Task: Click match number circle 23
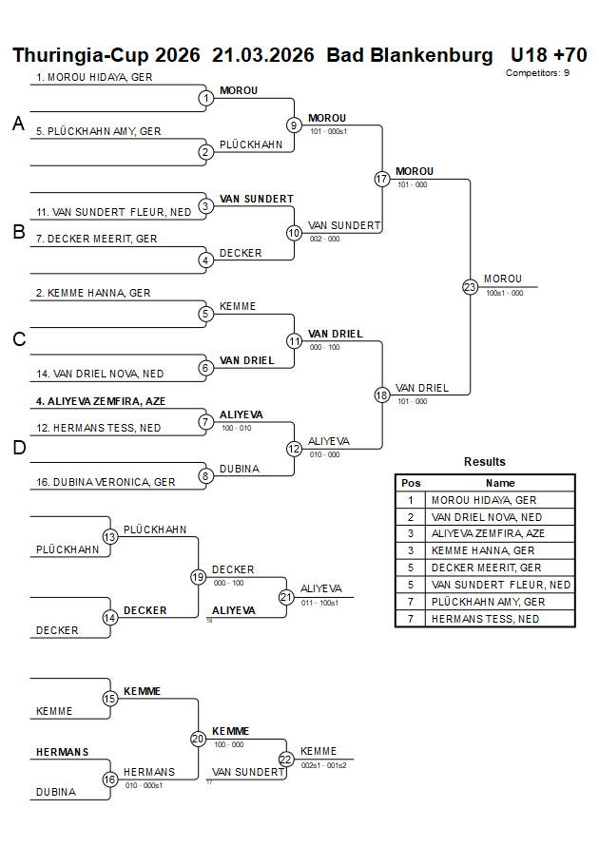[470, 287]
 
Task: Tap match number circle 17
[382, 179]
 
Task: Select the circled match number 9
[295, 125]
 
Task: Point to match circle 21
[286, 597]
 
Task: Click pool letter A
[18, 124]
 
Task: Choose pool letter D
[18, 448]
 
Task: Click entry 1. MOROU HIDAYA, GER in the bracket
[95, 77]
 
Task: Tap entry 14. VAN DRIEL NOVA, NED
[100, 375]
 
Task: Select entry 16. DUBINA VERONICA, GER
[106, 482]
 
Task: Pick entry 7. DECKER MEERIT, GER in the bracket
[97, 239]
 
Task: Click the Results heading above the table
[485, 462]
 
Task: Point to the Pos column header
[411, 483]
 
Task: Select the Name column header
[501, 483]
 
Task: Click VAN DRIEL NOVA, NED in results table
[487, 517]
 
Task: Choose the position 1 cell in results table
[411, 500]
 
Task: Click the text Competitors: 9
[538, 72]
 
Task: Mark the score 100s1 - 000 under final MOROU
[505, 294]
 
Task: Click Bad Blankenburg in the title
[410, 55]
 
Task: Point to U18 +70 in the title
[549, 55]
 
